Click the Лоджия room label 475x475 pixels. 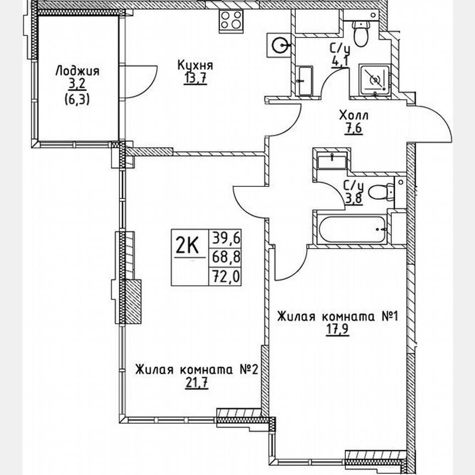coord(78,70)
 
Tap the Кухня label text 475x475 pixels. coord(195,65)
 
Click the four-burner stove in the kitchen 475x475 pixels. coord(232,21)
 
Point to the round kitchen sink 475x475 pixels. coord(280,42)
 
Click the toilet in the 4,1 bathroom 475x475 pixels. coord(361,33)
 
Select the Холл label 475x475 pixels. coord(354,116)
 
